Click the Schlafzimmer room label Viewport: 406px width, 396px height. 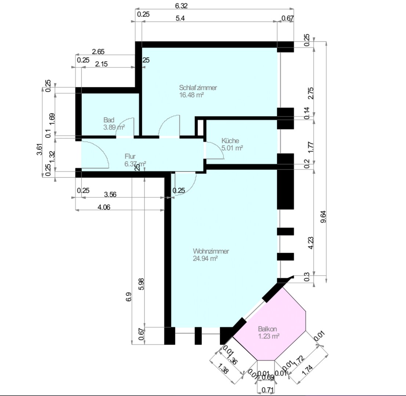[x=198, y=88]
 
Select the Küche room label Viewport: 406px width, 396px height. [x=231, y=141]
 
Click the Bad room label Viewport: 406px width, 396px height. [x=109, y=120]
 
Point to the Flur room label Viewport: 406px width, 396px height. [x=130, y=157]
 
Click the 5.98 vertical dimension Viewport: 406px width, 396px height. [x=142, y=282]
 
